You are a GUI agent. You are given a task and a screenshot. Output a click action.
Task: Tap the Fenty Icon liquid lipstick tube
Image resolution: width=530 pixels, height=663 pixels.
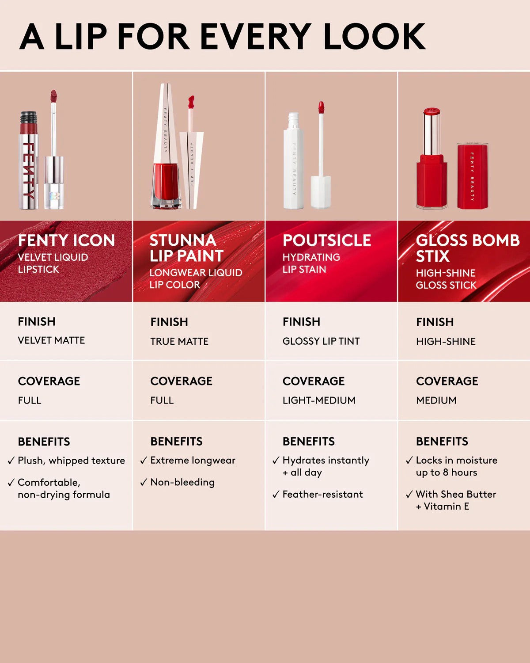[x=29, y=161]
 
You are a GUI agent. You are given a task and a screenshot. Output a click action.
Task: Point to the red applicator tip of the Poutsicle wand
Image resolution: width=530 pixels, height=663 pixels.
[x=321, y=107]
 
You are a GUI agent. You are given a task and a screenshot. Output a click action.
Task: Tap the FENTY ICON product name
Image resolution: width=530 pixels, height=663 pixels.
[x=66, y=240]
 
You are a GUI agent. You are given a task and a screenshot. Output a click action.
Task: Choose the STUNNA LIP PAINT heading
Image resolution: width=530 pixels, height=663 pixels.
[x=186, y=248]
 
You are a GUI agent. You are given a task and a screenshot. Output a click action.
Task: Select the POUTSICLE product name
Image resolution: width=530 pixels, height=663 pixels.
[x=327, y=240]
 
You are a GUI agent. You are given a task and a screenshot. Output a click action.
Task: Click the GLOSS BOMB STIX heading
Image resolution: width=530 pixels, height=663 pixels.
[x=467, y=248]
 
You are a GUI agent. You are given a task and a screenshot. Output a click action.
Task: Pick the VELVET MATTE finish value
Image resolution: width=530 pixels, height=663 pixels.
[x=51, y=340]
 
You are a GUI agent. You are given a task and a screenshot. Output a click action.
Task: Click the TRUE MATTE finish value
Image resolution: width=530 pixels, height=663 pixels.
[x=179, y=341]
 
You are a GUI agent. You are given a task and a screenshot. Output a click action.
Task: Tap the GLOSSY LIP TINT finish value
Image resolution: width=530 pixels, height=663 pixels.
[x=321, y=341]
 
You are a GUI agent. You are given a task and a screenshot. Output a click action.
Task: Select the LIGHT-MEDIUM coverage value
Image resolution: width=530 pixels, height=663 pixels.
[x=319, y=400]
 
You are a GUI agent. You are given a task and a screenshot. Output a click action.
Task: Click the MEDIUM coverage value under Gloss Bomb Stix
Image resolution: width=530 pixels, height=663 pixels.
[x=436, y=400]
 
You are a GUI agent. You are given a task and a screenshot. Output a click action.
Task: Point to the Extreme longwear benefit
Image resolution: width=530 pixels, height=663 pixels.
[x=193, y=461]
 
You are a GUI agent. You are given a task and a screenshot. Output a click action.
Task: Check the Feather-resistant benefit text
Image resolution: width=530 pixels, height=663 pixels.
[x=322, y=495]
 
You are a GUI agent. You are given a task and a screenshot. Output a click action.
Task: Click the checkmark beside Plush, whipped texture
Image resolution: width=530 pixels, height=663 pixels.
[x=11, y=461]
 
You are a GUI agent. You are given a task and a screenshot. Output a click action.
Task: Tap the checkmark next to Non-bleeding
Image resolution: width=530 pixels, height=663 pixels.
[x=144, y=483]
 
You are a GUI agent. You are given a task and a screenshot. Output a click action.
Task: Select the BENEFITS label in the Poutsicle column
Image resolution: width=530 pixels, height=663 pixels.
[x=309, y=442]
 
